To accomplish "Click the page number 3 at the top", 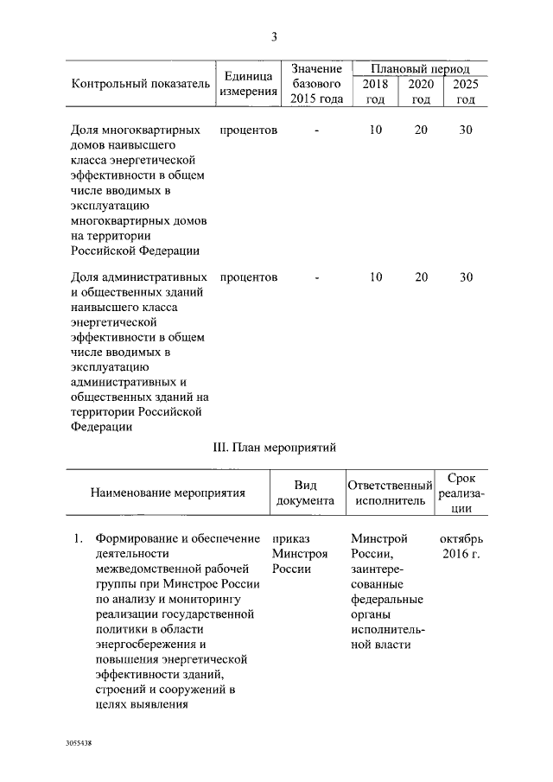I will (x=274, y=36).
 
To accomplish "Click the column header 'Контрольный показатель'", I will (x=140, y=84).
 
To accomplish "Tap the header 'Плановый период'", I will (x=421, y=68).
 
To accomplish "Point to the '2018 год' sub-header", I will (x=375, y=92).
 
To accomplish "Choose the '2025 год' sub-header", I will (x=466, y=92).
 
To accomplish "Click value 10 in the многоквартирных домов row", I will (x=375, y=130).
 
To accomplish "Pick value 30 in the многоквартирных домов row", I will (x=466, y=130).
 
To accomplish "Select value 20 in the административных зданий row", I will (x=421, y=277).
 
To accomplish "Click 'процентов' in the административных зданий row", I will (x=249, y=277).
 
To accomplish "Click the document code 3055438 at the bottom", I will (x=78, y=742).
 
